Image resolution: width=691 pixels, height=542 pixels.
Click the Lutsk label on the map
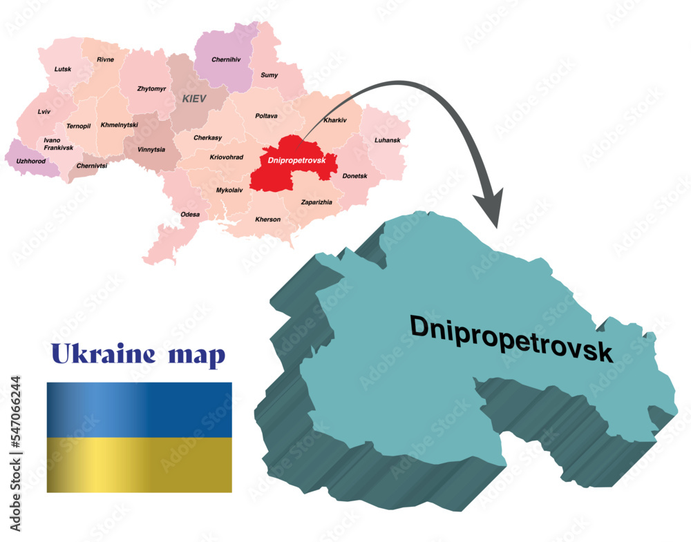pyautogui.click(x=63, y=69)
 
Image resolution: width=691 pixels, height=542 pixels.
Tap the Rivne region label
pyautogui.click(x=105, y=59)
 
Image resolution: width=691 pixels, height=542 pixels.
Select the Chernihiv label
pyautogui.click(x=226, y=60)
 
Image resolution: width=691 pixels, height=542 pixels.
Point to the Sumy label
pyautogui.click(x=269, y=75)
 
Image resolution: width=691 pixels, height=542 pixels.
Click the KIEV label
pyautogui.click(x=194, y=99)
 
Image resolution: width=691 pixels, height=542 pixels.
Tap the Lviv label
pyautogui.click(x=44, y=111)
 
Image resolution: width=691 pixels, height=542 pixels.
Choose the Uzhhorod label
pyautogui.click(x=30, y=161)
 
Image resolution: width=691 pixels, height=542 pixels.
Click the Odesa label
pyautogui.click(x=190, y=214)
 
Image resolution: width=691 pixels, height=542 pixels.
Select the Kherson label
pyautogui.click(x=267, y=220)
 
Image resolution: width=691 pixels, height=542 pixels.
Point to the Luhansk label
pyautogui.click(x=387, y=140)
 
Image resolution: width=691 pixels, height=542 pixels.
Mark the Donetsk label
pyautogui.click(x=354, y=176)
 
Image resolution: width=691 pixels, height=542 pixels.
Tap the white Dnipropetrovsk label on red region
pyautogui.click(x=290, y=160)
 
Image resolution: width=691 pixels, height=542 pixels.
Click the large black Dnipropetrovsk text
pyautogui.click(x=511, y=338)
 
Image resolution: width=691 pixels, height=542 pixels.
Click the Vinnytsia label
pyautogui.click(x=151, y=149)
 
